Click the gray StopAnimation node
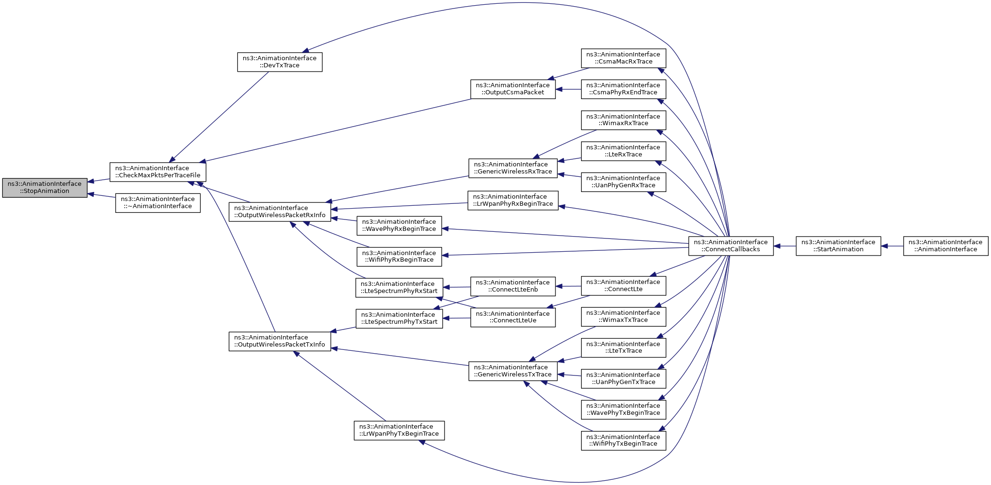(45, 188)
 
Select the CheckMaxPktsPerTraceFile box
(158, 172)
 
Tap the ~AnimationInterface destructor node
(158, 203)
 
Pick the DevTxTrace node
(280, 62)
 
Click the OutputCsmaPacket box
(513, 89)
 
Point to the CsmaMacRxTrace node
(623, 58)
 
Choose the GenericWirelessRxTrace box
(513, 168)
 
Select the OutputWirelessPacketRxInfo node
(280, 212)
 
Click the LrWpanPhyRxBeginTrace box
(513, 201)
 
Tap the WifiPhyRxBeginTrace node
(399, 256)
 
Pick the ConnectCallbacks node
(731, 246)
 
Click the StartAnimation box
(838, 246)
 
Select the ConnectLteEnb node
(513, 286)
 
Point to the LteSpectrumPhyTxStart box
(399, 319)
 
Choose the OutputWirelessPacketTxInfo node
(280, 341)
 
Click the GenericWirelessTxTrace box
(513, 371)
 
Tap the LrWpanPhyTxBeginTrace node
(399, 430)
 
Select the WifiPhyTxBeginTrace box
(623, 441)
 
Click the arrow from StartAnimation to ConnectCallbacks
(785, 246)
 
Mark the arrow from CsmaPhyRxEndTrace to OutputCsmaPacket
(568, 89)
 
